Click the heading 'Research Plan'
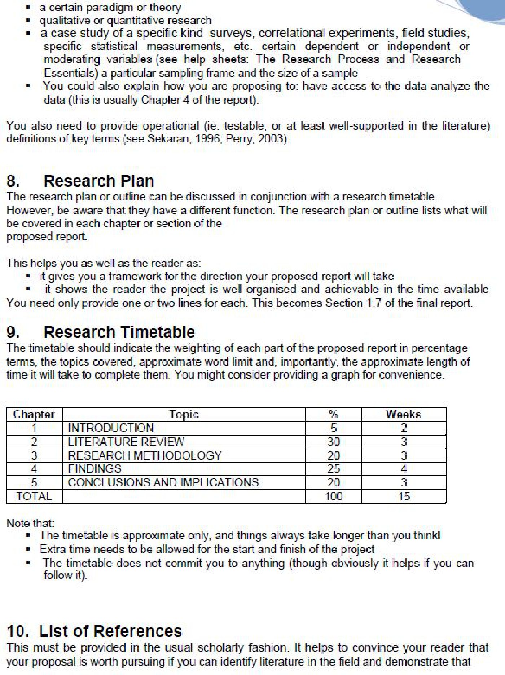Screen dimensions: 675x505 tap(98, 181)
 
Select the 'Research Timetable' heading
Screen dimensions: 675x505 tap(119, 332)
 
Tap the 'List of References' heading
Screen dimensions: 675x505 tap(110, 631)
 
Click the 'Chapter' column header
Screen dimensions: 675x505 tap(34, 414)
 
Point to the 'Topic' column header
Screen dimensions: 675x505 tap(184, 414)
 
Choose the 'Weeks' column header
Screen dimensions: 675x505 tap(403, 414)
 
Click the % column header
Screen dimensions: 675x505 tap(333, 414)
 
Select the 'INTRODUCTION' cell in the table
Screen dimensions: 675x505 tap(111, 428)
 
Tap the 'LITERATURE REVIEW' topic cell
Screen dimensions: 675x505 tap(126, 442)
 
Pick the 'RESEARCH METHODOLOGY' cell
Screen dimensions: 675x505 tap(145, 455)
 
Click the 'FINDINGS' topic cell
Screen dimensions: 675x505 tap(95, 469)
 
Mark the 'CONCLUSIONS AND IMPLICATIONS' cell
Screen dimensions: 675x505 tap(163, 482)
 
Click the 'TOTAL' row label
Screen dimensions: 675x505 tap(34, 496)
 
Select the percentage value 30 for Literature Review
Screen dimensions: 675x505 tap(333, 442)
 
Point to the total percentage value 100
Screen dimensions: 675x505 tap(333, 496)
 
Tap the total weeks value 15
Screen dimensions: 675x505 tap(404, 496)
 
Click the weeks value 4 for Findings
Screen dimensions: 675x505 tap(404, 469)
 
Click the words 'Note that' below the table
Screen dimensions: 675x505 tap(30, 523)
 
